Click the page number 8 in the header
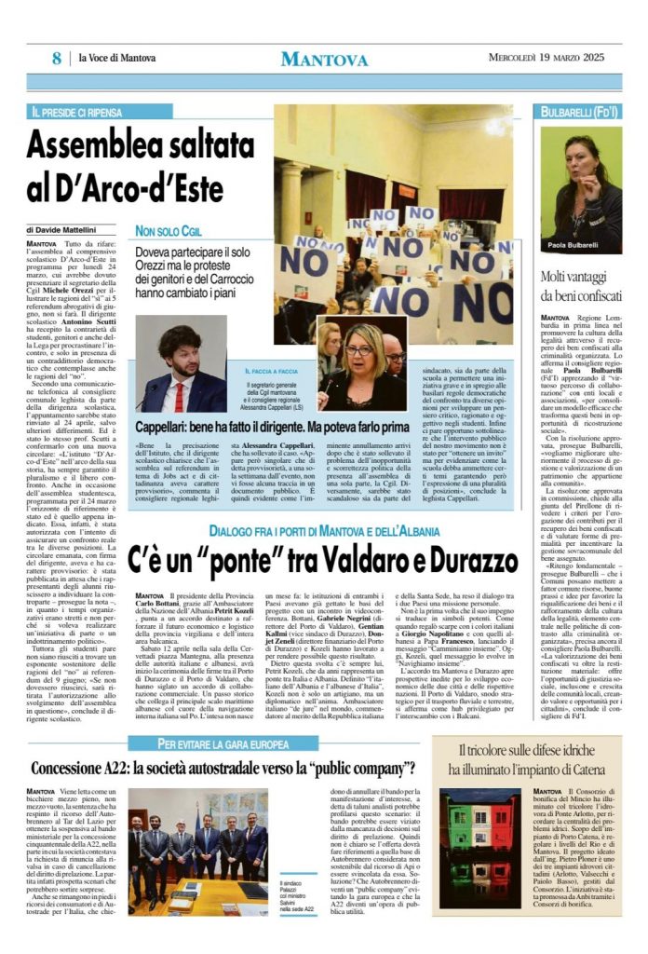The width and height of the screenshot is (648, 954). [57, 59]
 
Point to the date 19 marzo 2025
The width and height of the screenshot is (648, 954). [569, 59]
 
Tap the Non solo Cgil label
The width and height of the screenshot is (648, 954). [181, 230]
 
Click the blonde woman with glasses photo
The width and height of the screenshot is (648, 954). [364, 363]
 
